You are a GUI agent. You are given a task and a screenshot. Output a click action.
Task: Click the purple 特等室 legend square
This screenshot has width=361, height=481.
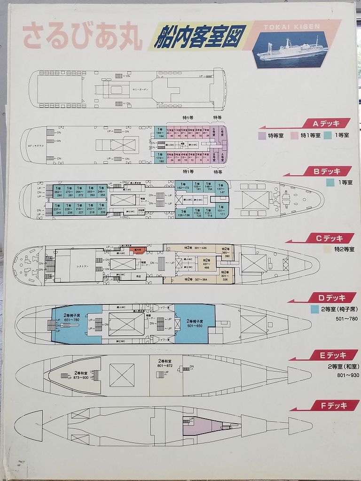pyautogui.click(x=262, y=135)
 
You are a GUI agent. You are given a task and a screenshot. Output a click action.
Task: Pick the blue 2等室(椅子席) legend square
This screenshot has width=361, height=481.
pyautogui.click(x=314, y=310)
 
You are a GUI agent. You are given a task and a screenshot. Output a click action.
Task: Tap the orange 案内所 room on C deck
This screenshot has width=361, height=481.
pyautogui.click(x=138, y=250)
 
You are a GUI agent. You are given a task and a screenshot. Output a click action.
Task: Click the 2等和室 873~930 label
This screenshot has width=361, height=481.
pyautogui.click(x=78, y=375)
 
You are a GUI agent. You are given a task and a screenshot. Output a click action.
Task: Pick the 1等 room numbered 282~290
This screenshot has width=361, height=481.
pyautogui.click(x=58, y=194)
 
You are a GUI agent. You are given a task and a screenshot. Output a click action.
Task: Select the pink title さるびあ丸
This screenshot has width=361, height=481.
pyautogui.click(x=83, y=37)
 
